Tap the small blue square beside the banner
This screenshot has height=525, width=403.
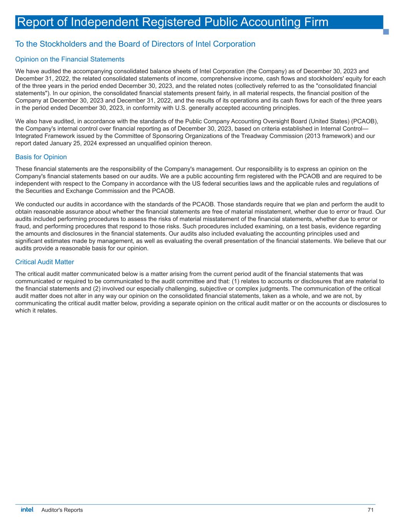[x=386, y=32]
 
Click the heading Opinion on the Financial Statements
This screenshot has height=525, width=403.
[x=70, y=59]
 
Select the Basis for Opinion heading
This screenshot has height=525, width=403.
[x=41, y=157]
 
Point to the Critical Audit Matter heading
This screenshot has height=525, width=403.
[x=44, y=262]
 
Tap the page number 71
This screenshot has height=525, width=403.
[x=370, y=510]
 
